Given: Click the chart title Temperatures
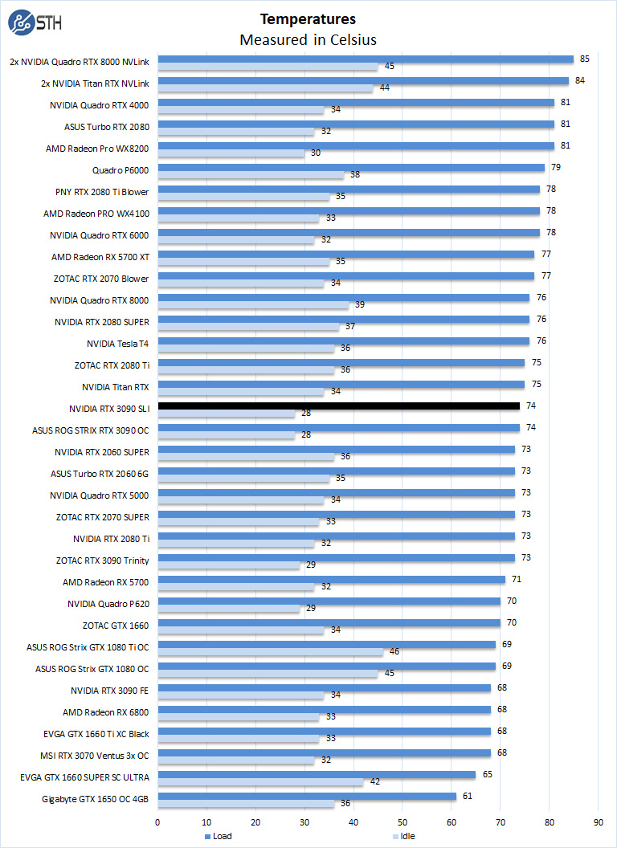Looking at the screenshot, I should (x=308, y=18).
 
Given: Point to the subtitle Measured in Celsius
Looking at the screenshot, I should (x=308, y=39).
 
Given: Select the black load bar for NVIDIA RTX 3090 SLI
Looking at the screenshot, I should (x=338, y=406).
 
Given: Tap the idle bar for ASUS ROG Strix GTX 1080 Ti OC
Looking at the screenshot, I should (x=270, y=651).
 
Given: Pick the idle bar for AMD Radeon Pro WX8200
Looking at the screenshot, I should (x=231, y=153).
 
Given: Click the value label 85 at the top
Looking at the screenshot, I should (x=584, y=59).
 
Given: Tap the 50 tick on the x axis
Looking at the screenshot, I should (x=402, y=821).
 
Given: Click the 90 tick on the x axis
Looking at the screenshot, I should (x=599, y=821).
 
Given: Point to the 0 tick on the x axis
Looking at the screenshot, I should (x=157, y=821).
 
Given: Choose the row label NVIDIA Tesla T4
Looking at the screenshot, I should (x=117, y=343).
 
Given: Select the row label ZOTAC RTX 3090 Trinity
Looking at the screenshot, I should (x=103, y=560).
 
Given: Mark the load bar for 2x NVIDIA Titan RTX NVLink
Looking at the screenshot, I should (x=363, y=81).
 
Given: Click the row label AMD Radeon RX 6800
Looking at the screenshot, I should (x=106, y=711).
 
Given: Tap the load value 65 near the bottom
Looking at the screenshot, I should (x=486, y=774).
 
